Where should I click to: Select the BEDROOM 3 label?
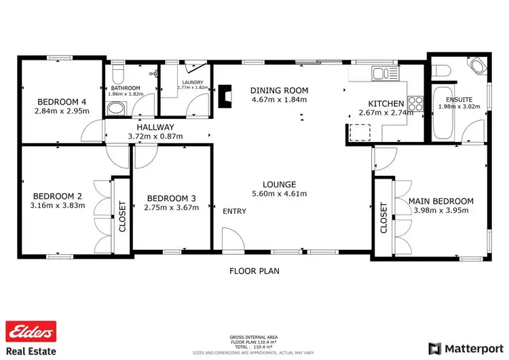click(x=171, y=198)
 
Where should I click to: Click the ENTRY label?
click(x=234, y=211)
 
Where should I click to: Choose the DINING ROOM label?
click(x=279, y=90)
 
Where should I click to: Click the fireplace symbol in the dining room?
click(x=225, y=93)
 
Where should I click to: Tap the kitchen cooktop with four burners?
click(x=415, y=105)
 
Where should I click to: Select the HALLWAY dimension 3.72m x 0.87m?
click(x=155, y=137)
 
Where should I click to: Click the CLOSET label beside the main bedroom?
click(x=383, y=217)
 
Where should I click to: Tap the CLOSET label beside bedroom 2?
click(x=122, y=216)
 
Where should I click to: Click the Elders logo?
click(x=30, y=332)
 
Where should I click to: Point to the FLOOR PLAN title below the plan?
click(x=254, y=270)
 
